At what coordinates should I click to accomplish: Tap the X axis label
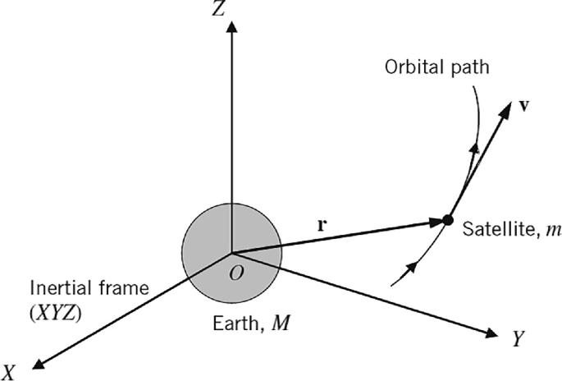click(9, 370)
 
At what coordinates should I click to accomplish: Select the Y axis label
click(518, 339)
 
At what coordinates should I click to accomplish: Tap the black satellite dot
click(448, 220)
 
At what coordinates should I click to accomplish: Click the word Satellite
click(495, 232)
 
